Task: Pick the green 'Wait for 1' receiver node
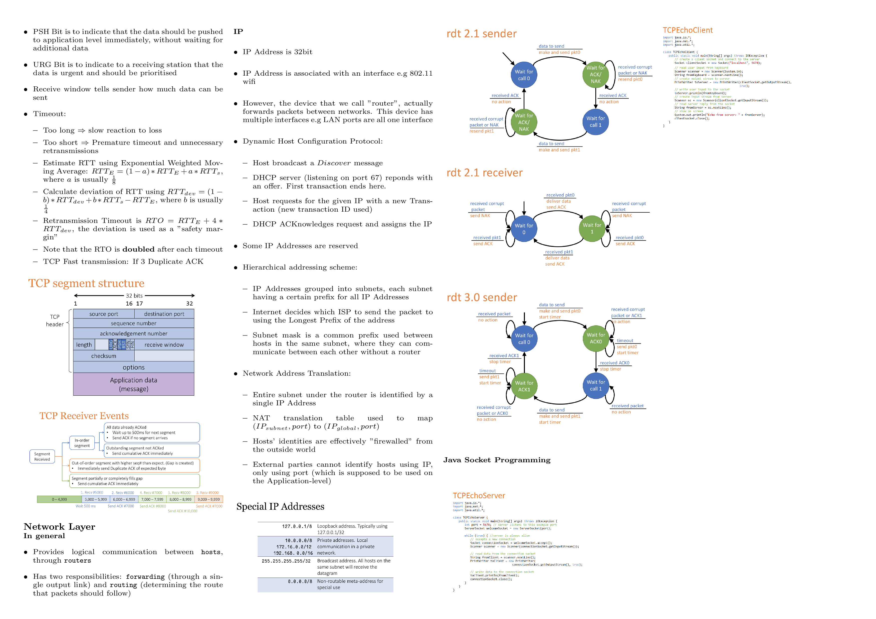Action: (x=592, y=228)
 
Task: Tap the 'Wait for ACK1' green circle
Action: (x=524, y=386)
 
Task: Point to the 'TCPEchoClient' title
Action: (x=687, y=30)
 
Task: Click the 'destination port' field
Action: (x=164, y=314)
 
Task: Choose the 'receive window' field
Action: (x=164, y=345)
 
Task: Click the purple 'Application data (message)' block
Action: (x=134, y=384)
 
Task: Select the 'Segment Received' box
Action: (x=42, y=457)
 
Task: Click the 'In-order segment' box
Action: (x=82, y=443)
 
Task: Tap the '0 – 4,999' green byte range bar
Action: (x=59, y=499)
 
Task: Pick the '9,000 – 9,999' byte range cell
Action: (x=209, y=499)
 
